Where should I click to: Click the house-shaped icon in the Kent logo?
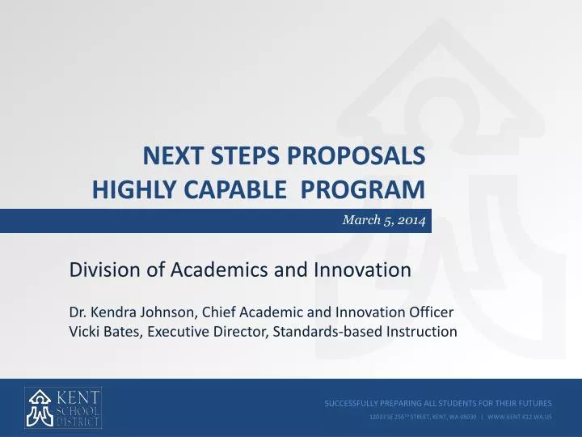click(x=40, y=408)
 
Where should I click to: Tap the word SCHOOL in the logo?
click(x=79, y=409)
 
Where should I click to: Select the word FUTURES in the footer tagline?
click(x=533, y=402)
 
